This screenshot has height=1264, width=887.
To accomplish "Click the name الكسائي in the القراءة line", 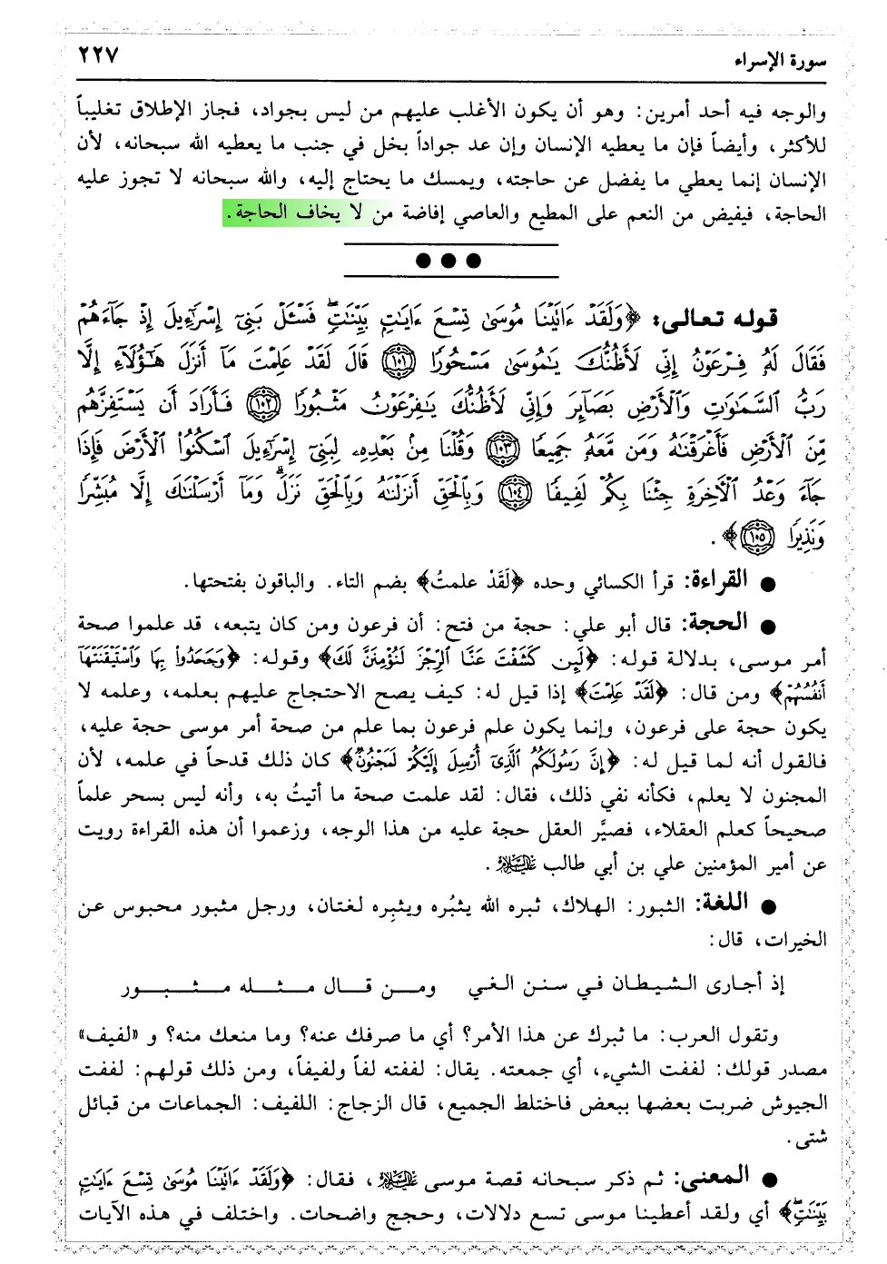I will (629, 581).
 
